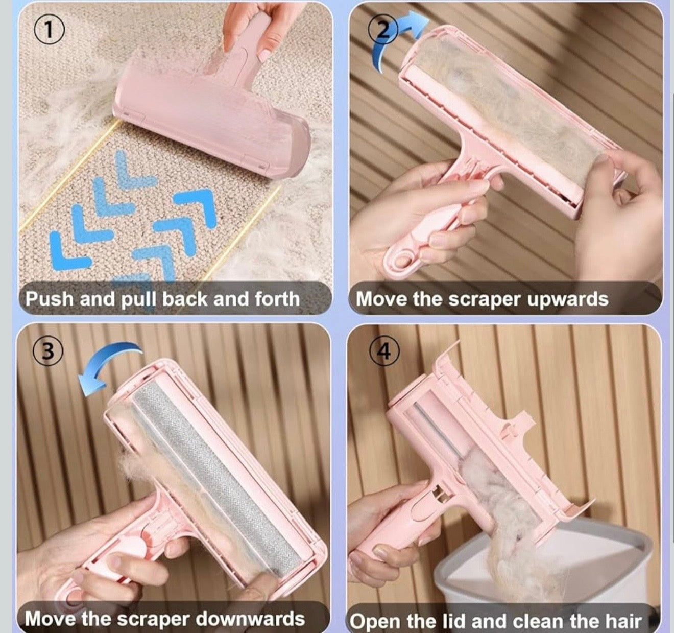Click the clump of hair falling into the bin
pyautogui.click(x=516, y=557)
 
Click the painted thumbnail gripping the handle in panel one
pyautogui.click(x=266, y=53)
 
